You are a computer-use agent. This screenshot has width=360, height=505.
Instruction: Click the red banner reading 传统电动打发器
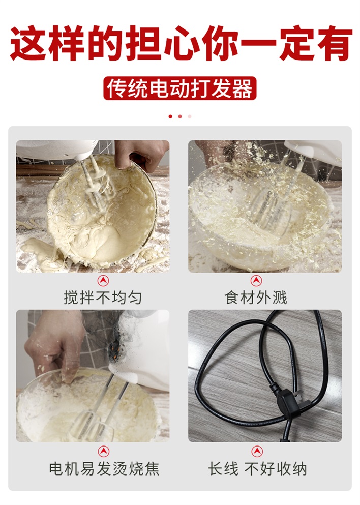pyautogui.click(x=179, y=88)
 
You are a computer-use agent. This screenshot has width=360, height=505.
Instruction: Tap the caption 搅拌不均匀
pyautogui.click(x=103, y=297)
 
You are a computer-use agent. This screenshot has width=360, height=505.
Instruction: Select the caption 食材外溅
pyautogui.click(x=256, y=297)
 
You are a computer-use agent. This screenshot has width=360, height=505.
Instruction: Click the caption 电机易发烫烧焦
pyautogui.click(x=104, y=468)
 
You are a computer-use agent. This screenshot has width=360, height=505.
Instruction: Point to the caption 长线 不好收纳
pyautogui.click(x=257, y=468)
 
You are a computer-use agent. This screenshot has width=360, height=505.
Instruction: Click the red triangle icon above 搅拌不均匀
pyautogui.click(x=103, y=281)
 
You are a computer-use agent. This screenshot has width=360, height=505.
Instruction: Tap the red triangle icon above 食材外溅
pyautogui.click(x=256, y=281)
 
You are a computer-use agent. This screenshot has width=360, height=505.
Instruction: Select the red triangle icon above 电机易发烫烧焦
pyautogui.click(x=103, y=452)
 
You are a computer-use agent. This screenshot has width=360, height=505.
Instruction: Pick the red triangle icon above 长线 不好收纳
pyautogui.click(x=257, y=452)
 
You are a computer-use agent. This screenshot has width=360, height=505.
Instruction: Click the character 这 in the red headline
pyautogui.click(x=28, y=43)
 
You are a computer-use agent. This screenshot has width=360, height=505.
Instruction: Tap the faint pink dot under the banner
pyautogui.click(x=189, y=116)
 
